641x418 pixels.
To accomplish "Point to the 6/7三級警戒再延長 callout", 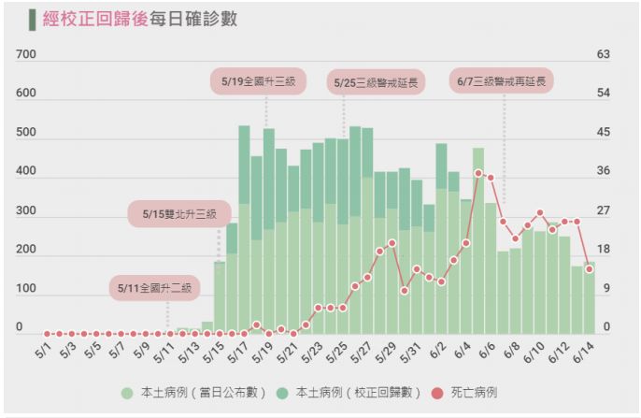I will [x=502, y=82].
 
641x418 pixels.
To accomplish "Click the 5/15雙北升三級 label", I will [x=179, y=214].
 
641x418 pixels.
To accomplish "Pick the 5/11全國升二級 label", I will [x=155, y=288].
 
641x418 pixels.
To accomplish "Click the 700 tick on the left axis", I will [x=25, y=55].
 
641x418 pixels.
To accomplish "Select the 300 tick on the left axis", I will [x=25, y=211].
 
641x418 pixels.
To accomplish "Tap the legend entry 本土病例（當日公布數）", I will [x=193, y=393].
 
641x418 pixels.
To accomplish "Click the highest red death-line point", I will [x=478, y=173].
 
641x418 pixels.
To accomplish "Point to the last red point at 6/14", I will [x=589, y=269].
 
